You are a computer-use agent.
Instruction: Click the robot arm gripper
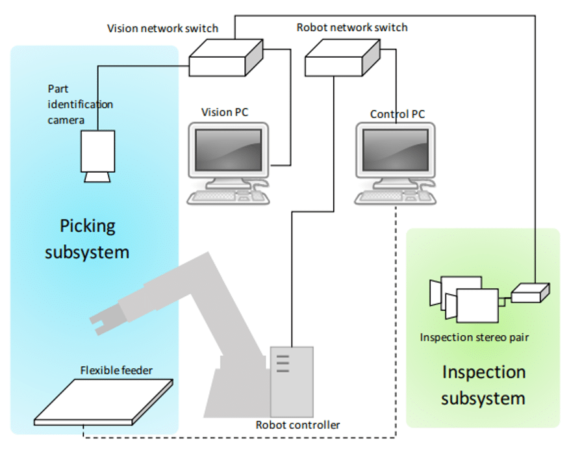pos(107,319)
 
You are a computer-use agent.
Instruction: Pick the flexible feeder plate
pos(104,400)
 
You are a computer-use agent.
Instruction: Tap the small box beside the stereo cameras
pos(529,293)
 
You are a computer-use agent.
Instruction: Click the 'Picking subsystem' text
pos(87,239)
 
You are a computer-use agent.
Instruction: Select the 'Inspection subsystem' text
pos(483,385)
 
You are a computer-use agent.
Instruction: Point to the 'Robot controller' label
pos(297,425)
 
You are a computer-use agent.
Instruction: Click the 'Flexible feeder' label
pos(116,370)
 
